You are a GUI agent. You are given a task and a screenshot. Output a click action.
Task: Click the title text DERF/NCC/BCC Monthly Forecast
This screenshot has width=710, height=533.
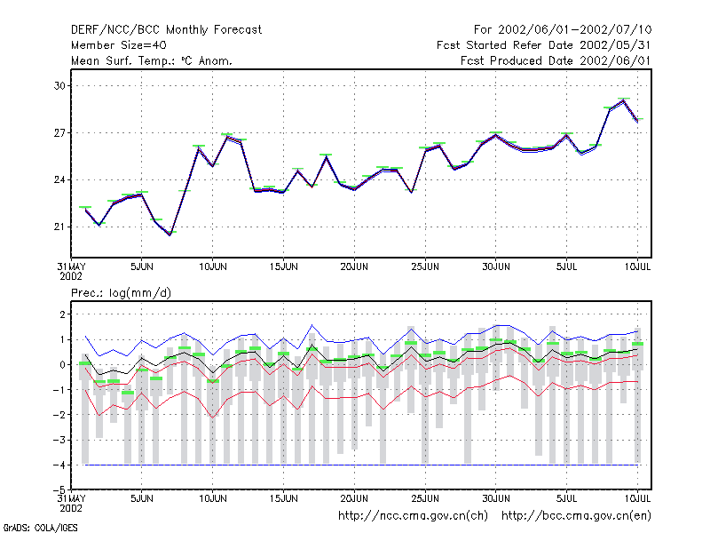pyautogui.click(x=166, y=30)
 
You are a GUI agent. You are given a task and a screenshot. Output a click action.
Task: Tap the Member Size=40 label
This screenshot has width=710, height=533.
pyautogui.click(x=119, y=45)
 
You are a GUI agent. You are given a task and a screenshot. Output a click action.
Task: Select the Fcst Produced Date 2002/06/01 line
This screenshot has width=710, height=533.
pyautogui.click(x=556, y=60)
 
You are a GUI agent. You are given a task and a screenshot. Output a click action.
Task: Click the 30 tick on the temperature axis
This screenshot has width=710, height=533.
pyautogui.click(x=59, y=85)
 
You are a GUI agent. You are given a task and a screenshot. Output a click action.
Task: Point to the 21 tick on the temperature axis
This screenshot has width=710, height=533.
pyautogui.click(x=59, y=227)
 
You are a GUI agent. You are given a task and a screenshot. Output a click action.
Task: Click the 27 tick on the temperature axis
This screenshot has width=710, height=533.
pyautogui.click(x=59, y=132)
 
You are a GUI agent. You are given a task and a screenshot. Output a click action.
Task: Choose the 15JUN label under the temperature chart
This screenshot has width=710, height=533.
pyautogui.click(x=283, y=267)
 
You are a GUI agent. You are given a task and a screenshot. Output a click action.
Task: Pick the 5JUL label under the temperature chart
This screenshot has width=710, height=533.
pyautogui.click(x=566, y=267)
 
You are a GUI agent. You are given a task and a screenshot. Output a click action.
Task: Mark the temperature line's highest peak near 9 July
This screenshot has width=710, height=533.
pyautogui.click(x=624, y=100)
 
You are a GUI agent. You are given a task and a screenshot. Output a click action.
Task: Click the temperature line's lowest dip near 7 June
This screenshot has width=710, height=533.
pyautogui.click(x=170, y=235)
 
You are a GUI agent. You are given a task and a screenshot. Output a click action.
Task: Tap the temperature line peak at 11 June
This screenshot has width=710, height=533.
pyautogui.click(x=227, y=136)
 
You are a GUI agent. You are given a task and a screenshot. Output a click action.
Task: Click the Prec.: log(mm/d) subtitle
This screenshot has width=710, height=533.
pyautogui.click(x=121, y=293)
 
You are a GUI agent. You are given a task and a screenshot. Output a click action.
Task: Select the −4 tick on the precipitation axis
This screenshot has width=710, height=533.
pyautogui.click(x=59, y=465)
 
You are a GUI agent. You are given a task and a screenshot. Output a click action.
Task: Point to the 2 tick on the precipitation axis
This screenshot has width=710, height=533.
pyautogui.click(x=62, y=314)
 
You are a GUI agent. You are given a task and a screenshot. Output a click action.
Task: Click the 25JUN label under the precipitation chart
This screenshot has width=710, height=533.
pyautogui.click(x=425, y=498)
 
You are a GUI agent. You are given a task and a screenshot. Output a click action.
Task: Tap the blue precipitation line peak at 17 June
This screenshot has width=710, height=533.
pyautogui.click(x=312, y=325)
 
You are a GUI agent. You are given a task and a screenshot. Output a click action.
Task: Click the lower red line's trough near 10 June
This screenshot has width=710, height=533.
pyautogui.click(x=213, y=418)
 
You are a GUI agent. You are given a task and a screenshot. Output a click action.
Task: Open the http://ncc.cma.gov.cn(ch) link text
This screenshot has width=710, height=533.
pyautogui.click(x=413, y=516)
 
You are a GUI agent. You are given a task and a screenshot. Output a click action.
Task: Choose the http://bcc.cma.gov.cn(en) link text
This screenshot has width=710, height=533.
pyautogui.click(x=576, y=516)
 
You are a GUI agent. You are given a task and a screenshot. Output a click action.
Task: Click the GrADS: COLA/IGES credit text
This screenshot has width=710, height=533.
pyautogui.click(x=40, y=528)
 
